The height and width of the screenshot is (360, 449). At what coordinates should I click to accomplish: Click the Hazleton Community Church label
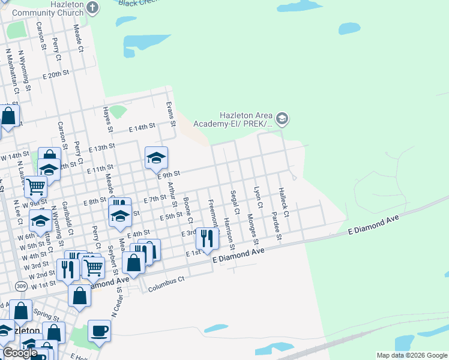pyautogui.click(x=41, y=8)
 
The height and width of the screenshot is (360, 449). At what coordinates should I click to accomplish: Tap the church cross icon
pyautogui.click(x=92, y=8)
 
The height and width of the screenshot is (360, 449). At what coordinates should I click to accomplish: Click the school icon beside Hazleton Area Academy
pyautogui.click(x=283, y=119)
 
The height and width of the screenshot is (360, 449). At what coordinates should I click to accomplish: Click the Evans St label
pyautogui.click(x=171, y=114)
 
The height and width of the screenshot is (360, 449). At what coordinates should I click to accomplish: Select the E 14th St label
pyautogui.click(x=142, y=128)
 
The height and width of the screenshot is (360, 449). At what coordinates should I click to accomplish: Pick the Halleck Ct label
pyautogui.click(x=283, y=202)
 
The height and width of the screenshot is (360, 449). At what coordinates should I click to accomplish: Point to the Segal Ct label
pyautogui.click(x=234, y=203)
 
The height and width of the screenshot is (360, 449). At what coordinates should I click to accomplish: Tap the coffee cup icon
pyautogui.click(x=99, y=331)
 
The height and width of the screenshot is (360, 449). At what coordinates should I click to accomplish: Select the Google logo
pyautogui.click(x=20, y=353)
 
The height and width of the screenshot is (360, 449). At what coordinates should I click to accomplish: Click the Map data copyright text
pyautogui.click(x=412, y=355)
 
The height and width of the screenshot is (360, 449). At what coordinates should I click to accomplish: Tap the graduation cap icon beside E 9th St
pyautogui.click(x=156, y=158)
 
